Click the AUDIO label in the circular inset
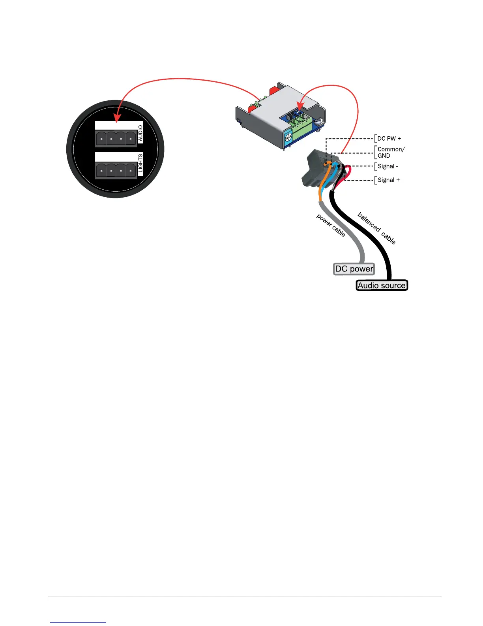tap(140, 134)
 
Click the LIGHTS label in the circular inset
tap(140, 165)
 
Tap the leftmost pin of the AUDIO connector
tap(101, 139)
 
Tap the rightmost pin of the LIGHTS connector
tap(131, 171)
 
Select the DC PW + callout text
tap(389, 138)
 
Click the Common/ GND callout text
tap(391, 152)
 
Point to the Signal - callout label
tap(388, 166)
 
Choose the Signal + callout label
tap(389, 180)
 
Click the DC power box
tap(354, 269)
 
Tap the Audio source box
tap(382, 285)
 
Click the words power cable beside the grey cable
tap(331, 225)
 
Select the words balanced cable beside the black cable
tap(376, 228)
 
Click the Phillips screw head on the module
tap(288, 136)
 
